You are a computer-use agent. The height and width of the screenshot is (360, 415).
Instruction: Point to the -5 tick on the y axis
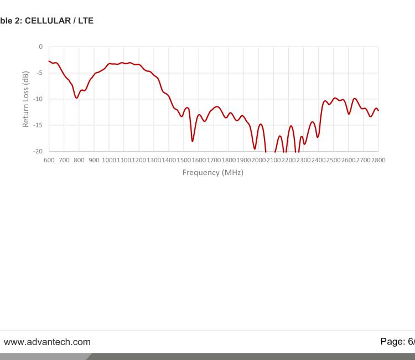(39, 73)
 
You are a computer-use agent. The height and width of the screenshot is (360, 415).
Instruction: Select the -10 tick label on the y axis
(37, 99)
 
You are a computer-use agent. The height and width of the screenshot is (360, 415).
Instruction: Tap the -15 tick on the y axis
(37, 125)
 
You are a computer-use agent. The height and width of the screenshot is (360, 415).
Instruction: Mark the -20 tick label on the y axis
(37, 151)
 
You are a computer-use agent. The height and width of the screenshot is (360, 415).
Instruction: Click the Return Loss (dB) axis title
(26, 99)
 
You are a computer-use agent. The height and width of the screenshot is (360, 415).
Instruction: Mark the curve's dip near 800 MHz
(77, 98)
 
